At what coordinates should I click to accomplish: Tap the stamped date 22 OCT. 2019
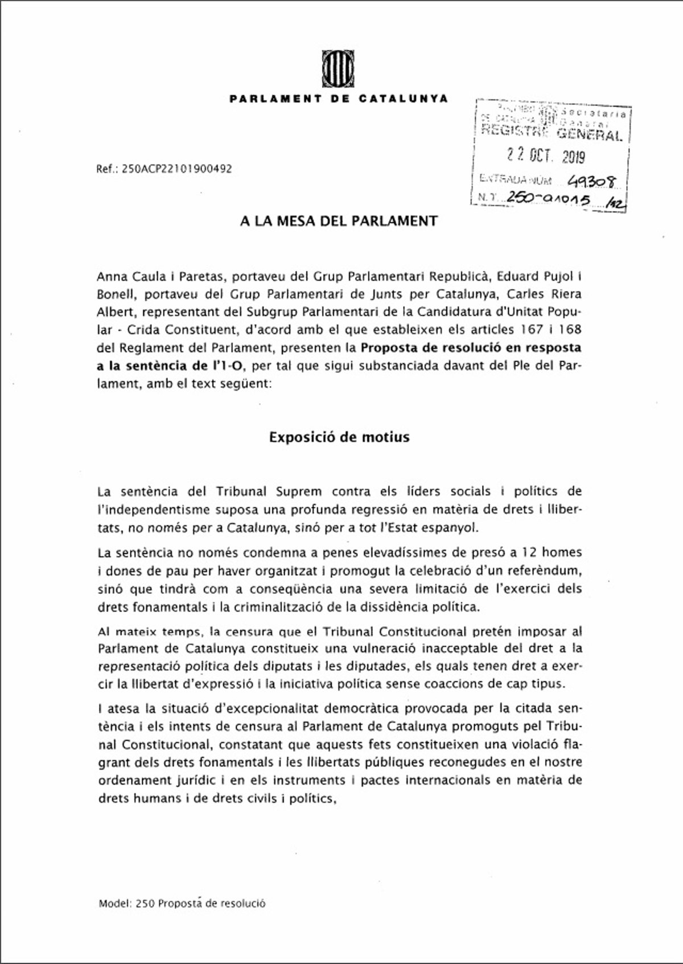click(x=545, y=155)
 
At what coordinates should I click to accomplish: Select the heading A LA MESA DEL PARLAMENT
click(x=339, y=221)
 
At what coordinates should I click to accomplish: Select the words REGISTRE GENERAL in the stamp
click(x=551, y=134)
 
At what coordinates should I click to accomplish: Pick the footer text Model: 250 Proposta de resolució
click(x=182, y=903)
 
